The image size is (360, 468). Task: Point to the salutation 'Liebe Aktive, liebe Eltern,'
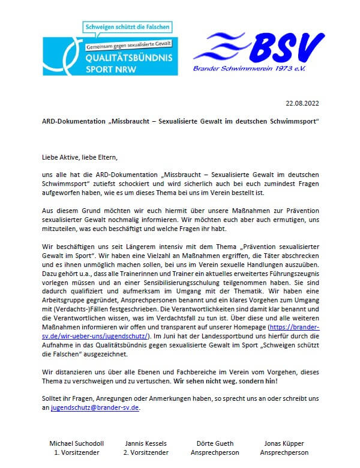[x=76, y=157]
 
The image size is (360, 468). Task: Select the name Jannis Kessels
[x=146, y=443]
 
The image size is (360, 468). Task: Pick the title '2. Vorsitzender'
[x=146, y=452]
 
